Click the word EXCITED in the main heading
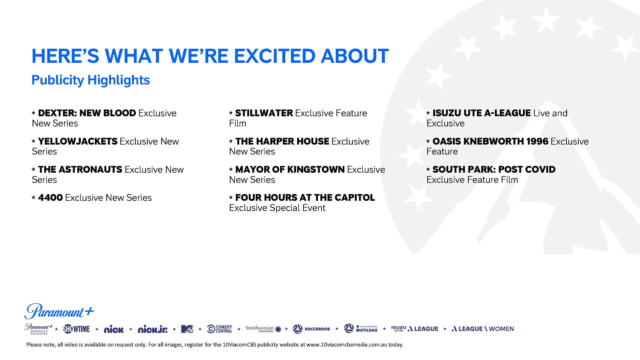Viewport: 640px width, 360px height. tap(274, 56)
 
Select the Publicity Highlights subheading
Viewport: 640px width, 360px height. tap(91, 80)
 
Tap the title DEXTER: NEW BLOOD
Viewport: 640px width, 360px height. tap(87, 113)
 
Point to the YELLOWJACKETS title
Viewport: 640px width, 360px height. tap(78, 141)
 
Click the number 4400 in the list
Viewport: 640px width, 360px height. tap(50, 198)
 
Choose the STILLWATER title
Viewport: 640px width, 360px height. tap(264, 113)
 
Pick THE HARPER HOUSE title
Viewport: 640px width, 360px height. tap(282, 141)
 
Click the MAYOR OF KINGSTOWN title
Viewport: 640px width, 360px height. tap(290, 169)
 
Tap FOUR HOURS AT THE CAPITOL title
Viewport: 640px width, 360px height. tap(305, 198)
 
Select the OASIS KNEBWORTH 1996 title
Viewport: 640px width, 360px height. tap(490, 141)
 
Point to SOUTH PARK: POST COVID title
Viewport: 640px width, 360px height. tap(494, 169)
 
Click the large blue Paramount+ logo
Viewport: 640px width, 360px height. tap(59, 311)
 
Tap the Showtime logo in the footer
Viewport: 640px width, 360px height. tap(77, 329)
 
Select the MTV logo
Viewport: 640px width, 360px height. tap(187, 329)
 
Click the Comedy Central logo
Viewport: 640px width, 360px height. tap(220, 329)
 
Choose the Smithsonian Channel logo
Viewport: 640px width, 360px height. tap(263, 329)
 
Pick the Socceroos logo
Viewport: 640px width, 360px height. tap(311, 329)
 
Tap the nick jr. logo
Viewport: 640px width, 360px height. tap(153, 329)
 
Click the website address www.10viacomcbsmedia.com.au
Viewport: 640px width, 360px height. tap(347, 345)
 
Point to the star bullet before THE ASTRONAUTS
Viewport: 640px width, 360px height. tap(34, 169)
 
